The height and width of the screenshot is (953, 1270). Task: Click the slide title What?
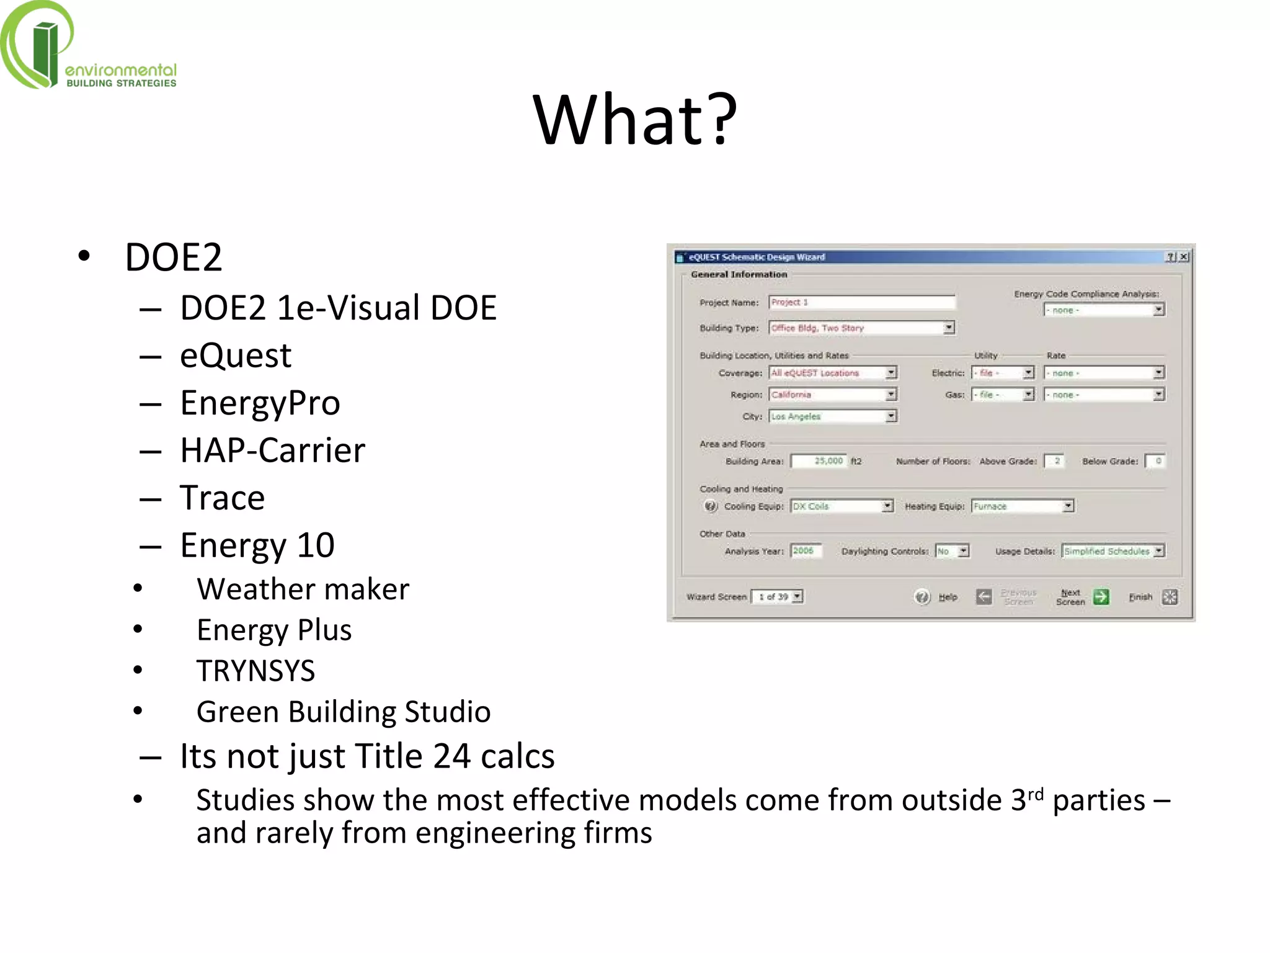pyautogui.click(x=634, y=119)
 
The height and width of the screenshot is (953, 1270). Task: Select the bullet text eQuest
pyautogui.click(x=235, y=356)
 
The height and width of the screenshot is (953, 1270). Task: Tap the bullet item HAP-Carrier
pyautogui.click(x=272, y=450)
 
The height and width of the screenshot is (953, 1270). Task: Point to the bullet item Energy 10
pyautogui.click(x=257, y=545)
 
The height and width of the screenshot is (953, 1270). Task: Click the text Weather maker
pyautogui.click(x=303, y=589)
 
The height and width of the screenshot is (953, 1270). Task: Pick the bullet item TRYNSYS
pyautogui.click(x=255, y=671)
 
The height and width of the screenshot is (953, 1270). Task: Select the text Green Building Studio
pyautogui.click(x=343, y=712)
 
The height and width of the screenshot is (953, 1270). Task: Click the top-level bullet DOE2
pyautogui.click(x=173, y=257)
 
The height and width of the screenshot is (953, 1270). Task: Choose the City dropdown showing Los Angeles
pyautogui.click(x=832, y=416)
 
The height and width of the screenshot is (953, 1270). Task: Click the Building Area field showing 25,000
pyautogui.click(x=819, y=461)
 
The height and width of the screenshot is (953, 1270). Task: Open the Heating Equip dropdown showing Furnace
pyautogui.click(x=1021, y=506)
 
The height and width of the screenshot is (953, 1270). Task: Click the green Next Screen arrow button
pyautogui.click(x=1101, y=597)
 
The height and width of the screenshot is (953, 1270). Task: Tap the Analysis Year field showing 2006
pyautogui.click(x=806, y=551)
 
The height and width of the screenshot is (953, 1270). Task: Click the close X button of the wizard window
pyautogui.click(x=1184, y=257)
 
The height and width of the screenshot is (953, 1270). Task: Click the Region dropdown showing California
pyautogui.click(x=832, y=395)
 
